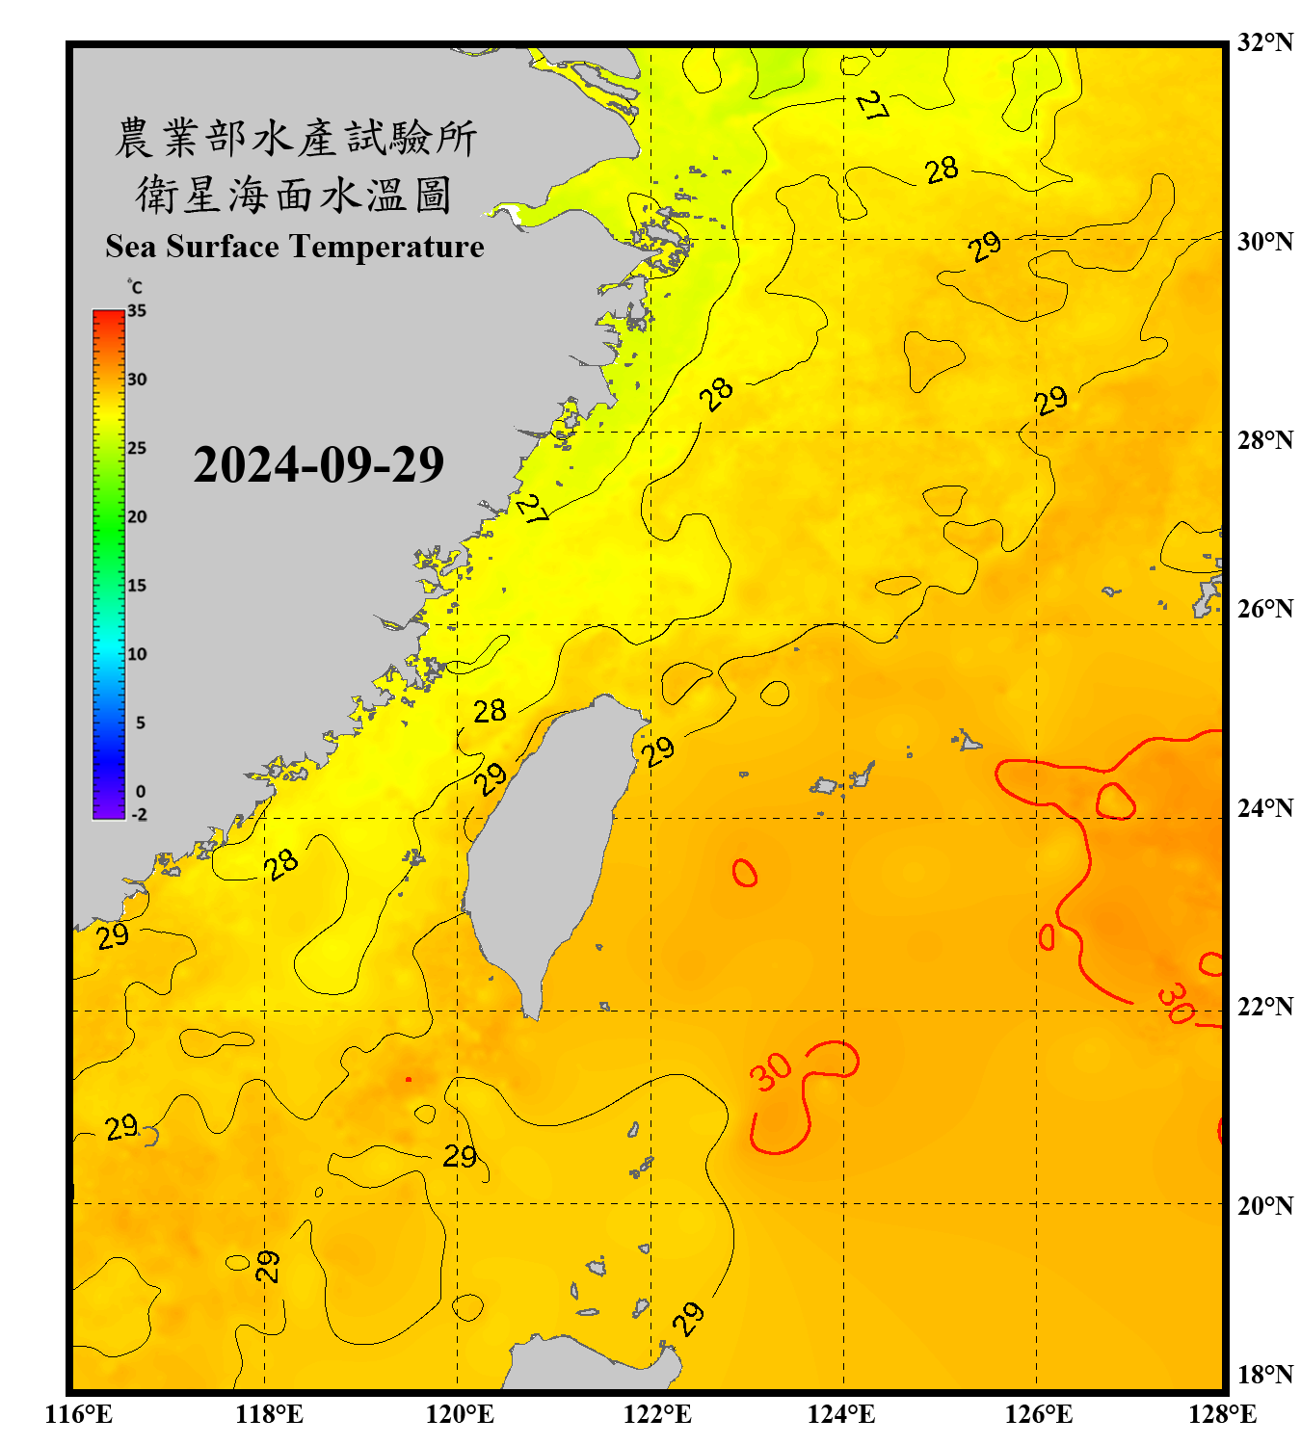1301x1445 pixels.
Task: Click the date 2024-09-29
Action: [x=318, y=464]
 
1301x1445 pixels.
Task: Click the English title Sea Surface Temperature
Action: [x=295, y=247]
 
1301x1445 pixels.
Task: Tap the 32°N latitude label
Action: [x=1264, y=42]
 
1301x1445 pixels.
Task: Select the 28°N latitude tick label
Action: [x=1264, y=440]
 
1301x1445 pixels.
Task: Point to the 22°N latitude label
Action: [x=1264, y=1007]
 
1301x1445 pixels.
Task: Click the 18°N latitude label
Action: [x=1264, y=1375]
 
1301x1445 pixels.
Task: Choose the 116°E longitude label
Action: [x=79, y=1414]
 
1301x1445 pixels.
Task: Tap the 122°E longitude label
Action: [x=657, y=1414]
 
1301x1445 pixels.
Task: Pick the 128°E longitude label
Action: [x=1222, y=1414]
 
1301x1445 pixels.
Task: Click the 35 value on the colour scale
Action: [x=137, y=311]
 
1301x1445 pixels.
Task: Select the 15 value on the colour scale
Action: [x=137, y=586]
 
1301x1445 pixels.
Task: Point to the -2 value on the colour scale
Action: [x=139, y=815]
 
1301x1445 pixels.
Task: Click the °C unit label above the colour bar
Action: [x=135, y=287]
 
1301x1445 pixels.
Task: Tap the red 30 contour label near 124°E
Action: [x=770, y=1070]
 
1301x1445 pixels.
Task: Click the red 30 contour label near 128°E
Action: [x=1176, y=1004]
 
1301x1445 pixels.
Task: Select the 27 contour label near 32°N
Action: [x=871, y=105]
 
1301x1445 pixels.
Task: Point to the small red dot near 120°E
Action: [x=409, y=1080]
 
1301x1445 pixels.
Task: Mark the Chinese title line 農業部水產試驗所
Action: [x=295, y=138]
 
